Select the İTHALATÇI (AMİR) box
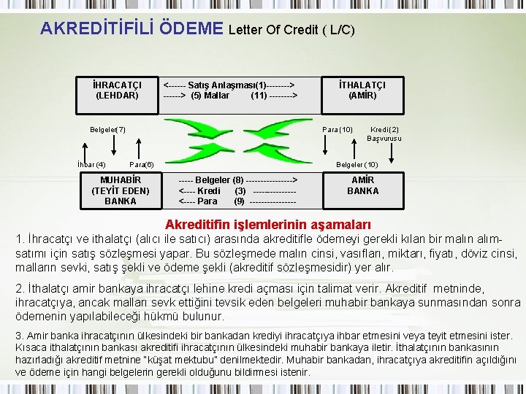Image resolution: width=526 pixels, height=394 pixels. [x=362, y=90]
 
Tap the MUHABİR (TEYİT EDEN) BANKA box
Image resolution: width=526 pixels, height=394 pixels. [x=120, y=190]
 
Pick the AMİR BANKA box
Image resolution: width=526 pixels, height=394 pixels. [x=362, y=185]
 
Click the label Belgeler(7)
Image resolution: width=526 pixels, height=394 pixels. [x=107, y=130]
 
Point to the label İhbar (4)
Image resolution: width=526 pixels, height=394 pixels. [x=91, y=164]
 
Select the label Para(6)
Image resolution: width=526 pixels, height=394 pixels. [x=141, y=165]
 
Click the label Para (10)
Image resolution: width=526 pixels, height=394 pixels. [x=338, y=130]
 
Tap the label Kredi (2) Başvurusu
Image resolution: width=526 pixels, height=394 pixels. [x=384, y=134]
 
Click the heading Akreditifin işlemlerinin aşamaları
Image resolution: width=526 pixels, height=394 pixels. [x=268, y=224]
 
